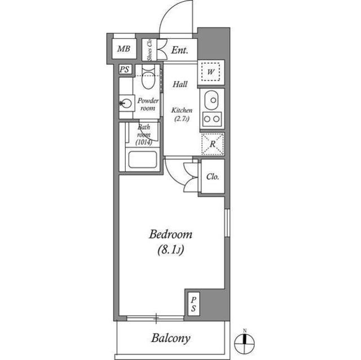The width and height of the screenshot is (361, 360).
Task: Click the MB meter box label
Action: click(x=124, y=49)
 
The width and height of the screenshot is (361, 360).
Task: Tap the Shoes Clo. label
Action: click(x=149, y=50)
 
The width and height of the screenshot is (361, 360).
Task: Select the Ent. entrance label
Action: click(x=179, y=50)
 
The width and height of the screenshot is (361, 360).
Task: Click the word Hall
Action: click(x=180, y=85)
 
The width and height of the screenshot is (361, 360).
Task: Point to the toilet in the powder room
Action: click(x=148, y=77)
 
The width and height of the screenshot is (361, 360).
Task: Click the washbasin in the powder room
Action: click(x=126, y=103)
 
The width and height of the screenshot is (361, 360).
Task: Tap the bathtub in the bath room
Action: click(x=143, y=159)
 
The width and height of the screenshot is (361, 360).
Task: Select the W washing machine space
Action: click(x=210, y=72)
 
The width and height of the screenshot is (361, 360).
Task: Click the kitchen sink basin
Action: click(x=211, y=100)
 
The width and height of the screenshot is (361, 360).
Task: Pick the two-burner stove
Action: click(x=212, y=119)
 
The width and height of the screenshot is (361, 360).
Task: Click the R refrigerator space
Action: click(x=213, y=144)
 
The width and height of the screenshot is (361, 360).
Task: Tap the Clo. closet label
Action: click(x=213, y=176)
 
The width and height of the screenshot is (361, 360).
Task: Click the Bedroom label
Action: click(x=170, y=235)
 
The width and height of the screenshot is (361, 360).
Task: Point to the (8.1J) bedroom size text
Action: click(x=170, y=250)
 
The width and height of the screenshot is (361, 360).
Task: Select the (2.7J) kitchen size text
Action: click(x=182, y=119)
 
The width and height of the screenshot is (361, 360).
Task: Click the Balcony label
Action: click(x=171, y=338)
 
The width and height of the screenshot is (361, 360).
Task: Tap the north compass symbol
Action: click(x=244, y=344)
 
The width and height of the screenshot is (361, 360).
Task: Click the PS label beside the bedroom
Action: click(x=193, y=304)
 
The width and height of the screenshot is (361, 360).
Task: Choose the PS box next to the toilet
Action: click(x=125, y=69)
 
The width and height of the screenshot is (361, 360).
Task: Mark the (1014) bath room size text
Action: click(x=144, y=143)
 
